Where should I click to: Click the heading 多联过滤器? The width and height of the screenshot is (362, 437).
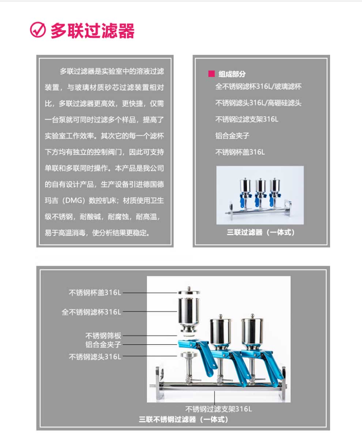click(x=93, y=31)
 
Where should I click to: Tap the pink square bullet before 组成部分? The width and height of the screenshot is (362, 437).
click(x=211, y=74)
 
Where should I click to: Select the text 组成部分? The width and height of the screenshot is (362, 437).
click(x=232, y=74)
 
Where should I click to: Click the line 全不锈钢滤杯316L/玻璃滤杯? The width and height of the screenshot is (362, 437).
click(x=258, y=87)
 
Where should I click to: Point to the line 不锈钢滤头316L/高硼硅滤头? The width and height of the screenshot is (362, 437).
click(x=258, y=103)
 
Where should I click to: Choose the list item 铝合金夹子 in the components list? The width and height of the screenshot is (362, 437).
click(x=232, y=135)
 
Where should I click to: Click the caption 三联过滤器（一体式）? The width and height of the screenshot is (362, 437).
click(x=261, y=232)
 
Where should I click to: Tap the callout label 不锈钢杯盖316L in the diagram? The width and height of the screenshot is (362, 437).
click(x=95, y=292)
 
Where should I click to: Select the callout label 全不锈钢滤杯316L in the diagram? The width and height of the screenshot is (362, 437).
click(x=91, y=312)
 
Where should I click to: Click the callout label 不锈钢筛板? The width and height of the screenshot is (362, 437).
click(x=103, y=336)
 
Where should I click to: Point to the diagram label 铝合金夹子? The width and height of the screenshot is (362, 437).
click(x=103, y=344)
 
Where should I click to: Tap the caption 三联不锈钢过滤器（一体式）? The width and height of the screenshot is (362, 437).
click(x=184, y=419)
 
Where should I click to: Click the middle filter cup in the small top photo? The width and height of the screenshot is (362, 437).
click(x=261, y=187)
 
